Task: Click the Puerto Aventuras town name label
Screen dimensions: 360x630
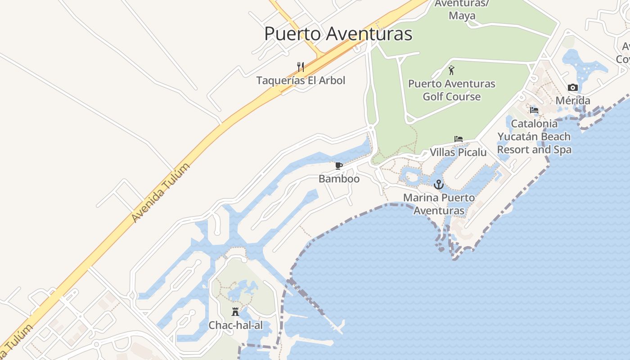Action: click(338, 34)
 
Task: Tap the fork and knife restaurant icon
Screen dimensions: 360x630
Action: click(301, 67)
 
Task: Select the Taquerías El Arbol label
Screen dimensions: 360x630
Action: click(301, 81)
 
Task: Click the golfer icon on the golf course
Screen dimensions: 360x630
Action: click(451, 70)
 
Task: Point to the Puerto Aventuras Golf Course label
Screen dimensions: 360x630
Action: click(451, 90)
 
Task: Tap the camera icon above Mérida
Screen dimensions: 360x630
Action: click(572, 87)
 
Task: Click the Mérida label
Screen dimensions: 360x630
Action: click(572, 100)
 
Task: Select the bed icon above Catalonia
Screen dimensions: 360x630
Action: click(534, 110)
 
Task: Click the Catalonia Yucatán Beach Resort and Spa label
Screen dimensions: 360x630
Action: click(534, 136)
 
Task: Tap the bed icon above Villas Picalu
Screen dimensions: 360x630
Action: click(458, 139)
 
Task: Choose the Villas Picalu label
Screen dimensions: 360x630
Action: click(458, 152)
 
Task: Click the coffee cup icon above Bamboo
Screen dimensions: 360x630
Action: click(339, 166)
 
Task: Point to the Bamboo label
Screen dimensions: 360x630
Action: click(339, 179)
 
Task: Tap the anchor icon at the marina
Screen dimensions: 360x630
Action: click(438, 184)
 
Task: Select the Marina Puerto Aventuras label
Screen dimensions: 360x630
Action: click(439, 204)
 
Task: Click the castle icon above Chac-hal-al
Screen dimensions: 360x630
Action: click(235, 311)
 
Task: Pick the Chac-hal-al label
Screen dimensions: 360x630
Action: click(235, 325)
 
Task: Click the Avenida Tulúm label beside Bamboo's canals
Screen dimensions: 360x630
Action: click(161, 192)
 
